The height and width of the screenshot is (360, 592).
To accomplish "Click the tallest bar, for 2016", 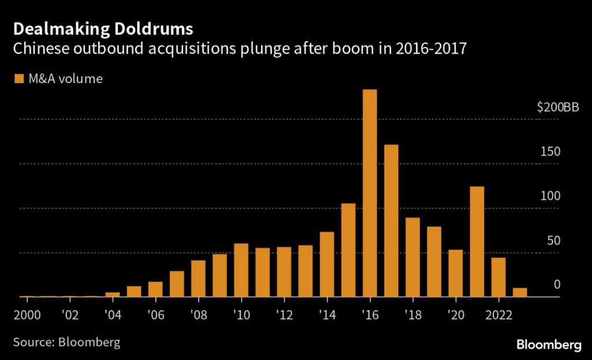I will (369, 193).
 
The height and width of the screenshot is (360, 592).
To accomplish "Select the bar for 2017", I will (391, 221).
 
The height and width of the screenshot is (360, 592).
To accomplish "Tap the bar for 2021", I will (476, 242).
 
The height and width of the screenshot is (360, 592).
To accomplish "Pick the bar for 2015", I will (348, 250).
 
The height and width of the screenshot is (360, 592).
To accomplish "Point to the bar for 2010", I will (241, 270).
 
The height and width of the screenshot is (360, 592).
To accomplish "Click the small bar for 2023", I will (520, 292).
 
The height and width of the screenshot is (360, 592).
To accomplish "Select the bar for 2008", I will (198, 279).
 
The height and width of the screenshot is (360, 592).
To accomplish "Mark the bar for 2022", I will (498, 277).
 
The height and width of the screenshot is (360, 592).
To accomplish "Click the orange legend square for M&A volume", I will (19, 79).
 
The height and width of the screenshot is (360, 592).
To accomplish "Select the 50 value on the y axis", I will (553, 240).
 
